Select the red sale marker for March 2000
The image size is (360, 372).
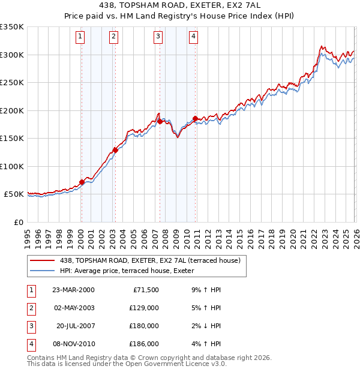click(x=82, y=182)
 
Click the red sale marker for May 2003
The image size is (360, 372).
click(x=115, y=150)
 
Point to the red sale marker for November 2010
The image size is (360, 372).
click(x=195, y=118)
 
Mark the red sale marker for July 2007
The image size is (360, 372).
click(x=160, y=121)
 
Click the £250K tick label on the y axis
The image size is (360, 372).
click(x=12, y=83)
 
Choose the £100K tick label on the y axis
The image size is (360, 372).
click(x=12, y=166)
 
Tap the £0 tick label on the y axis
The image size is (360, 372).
click(x=18, y=222)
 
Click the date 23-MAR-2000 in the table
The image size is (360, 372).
click(x=73, y=290)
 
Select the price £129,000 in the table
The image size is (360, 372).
click(x=145, y=308)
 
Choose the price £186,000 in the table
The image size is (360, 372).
click(x=145, y=344)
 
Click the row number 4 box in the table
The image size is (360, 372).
click(x=30, y=344)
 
